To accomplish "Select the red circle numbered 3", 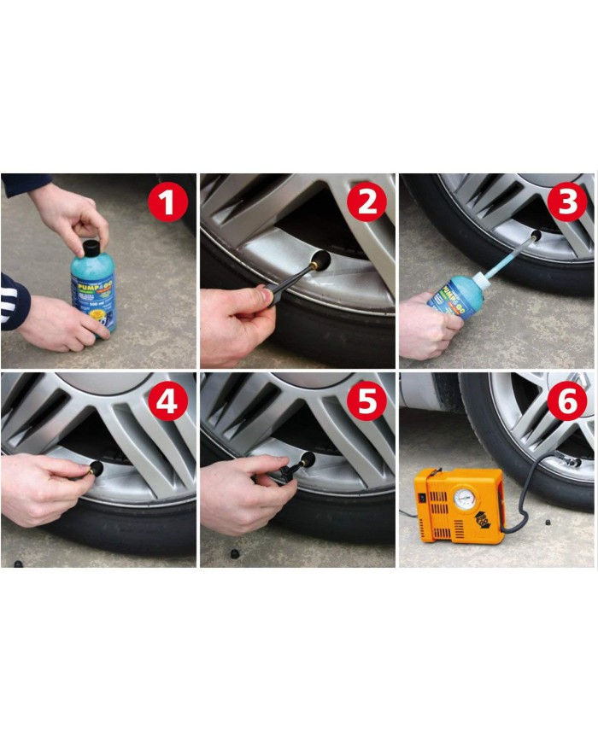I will point(566,204).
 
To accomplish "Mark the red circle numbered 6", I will point(566,402).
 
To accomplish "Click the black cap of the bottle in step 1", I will point(90,248).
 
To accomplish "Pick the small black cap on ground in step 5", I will point(233,554).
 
